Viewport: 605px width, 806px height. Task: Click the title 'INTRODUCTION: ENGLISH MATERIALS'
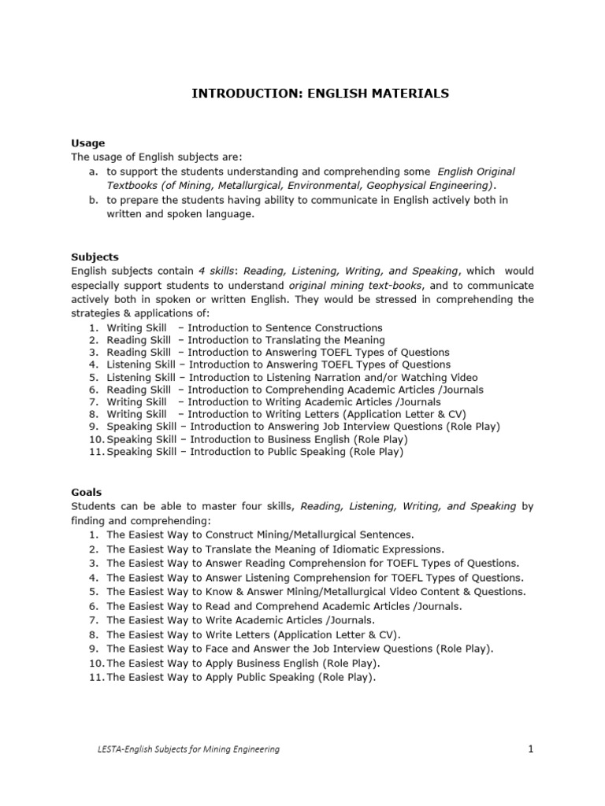tap(321, 94)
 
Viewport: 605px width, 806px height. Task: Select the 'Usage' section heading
tap(87, 143)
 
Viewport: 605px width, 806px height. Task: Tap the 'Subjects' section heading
tap(95, 257)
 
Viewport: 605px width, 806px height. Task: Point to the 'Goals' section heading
tap(87, 492)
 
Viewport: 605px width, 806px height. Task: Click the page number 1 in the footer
tap(531, 749)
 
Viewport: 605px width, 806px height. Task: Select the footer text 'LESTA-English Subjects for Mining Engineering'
tap(184, 750)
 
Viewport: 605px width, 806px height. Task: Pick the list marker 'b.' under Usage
tap(93, 200)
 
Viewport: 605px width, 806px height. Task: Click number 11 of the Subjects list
tap(95, 452)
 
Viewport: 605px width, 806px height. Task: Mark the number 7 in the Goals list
tap(93, 620)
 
